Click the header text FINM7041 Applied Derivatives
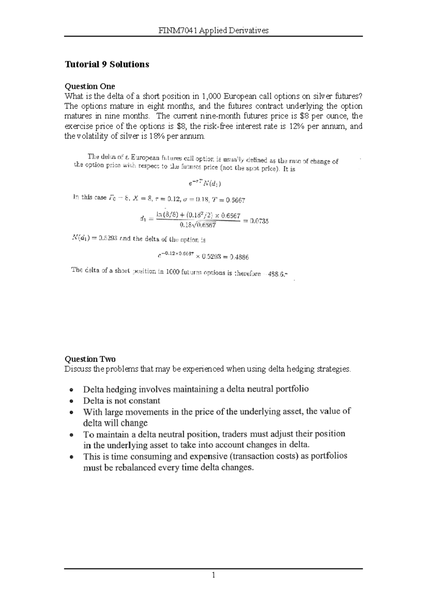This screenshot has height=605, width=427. [x=213, y=31]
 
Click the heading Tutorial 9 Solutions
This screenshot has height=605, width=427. [x=106, y=64]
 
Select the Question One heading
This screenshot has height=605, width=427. [x=89, y=86]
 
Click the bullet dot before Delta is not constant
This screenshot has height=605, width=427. [x=72, y=401]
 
